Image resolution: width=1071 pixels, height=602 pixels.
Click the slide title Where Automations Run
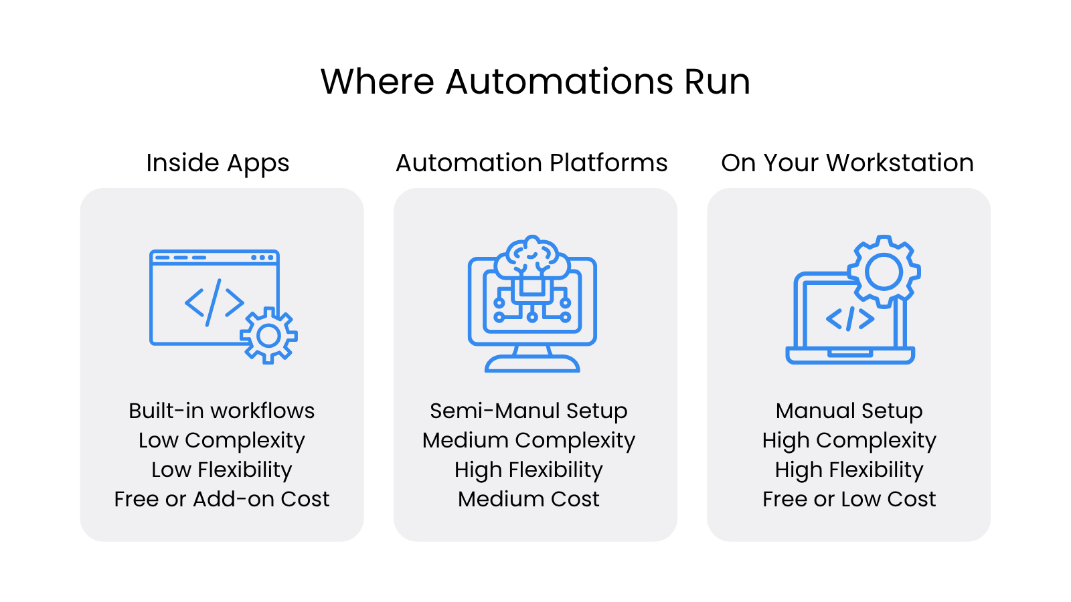click(535, 82)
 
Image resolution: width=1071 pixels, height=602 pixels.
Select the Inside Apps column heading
click(218, 163)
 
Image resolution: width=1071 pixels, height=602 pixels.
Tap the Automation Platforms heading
click(531, 163)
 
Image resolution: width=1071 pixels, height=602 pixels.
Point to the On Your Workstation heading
click(847, 163)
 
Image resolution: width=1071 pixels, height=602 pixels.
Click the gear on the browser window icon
click(268, 336)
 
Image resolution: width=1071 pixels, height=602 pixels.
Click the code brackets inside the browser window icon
click(214, 303)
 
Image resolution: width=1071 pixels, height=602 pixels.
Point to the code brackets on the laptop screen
click(850, 319)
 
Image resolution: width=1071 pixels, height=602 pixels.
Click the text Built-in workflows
click(222, 411)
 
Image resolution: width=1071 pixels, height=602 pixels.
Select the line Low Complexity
click(222, 440)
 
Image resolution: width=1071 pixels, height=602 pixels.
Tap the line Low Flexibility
click(222, 470)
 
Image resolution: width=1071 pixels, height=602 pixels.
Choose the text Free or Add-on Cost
click(222, 499)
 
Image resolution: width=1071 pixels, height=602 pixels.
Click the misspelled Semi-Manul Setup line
click(529, 411)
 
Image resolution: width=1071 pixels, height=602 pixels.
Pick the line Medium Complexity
click(529, 440)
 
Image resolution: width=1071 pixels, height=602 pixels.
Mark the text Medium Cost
click(529, 499)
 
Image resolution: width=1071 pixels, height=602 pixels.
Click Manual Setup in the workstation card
click(849, 411)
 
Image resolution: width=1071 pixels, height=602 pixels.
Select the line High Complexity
click(849, 440)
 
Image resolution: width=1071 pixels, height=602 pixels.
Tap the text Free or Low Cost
click(849, 499)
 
